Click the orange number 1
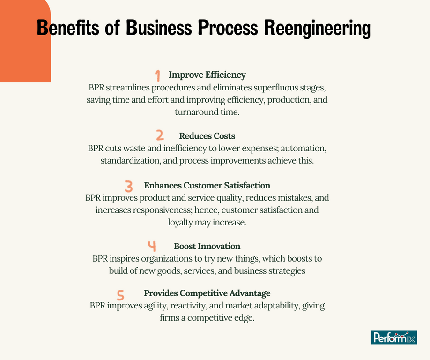tap(158, 75)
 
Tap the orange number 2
tap(160, 135)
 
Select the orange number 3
tap(129, 186)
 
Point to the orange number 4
tap(151, 246)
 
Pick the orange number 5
tap(121, 294)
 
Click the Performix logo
tap(394, 337)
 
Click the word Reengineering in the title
tap(317, 28)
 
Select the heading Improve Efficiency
tap(207, 75)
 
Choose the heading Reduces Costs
tap(207, 136)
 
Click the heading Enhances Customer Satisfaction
tap(207, 185)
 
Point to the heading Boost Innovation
tap(207, 246)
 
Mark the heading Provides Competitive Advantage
tap(207, 293)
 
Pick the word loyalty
tap(185, 222)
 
